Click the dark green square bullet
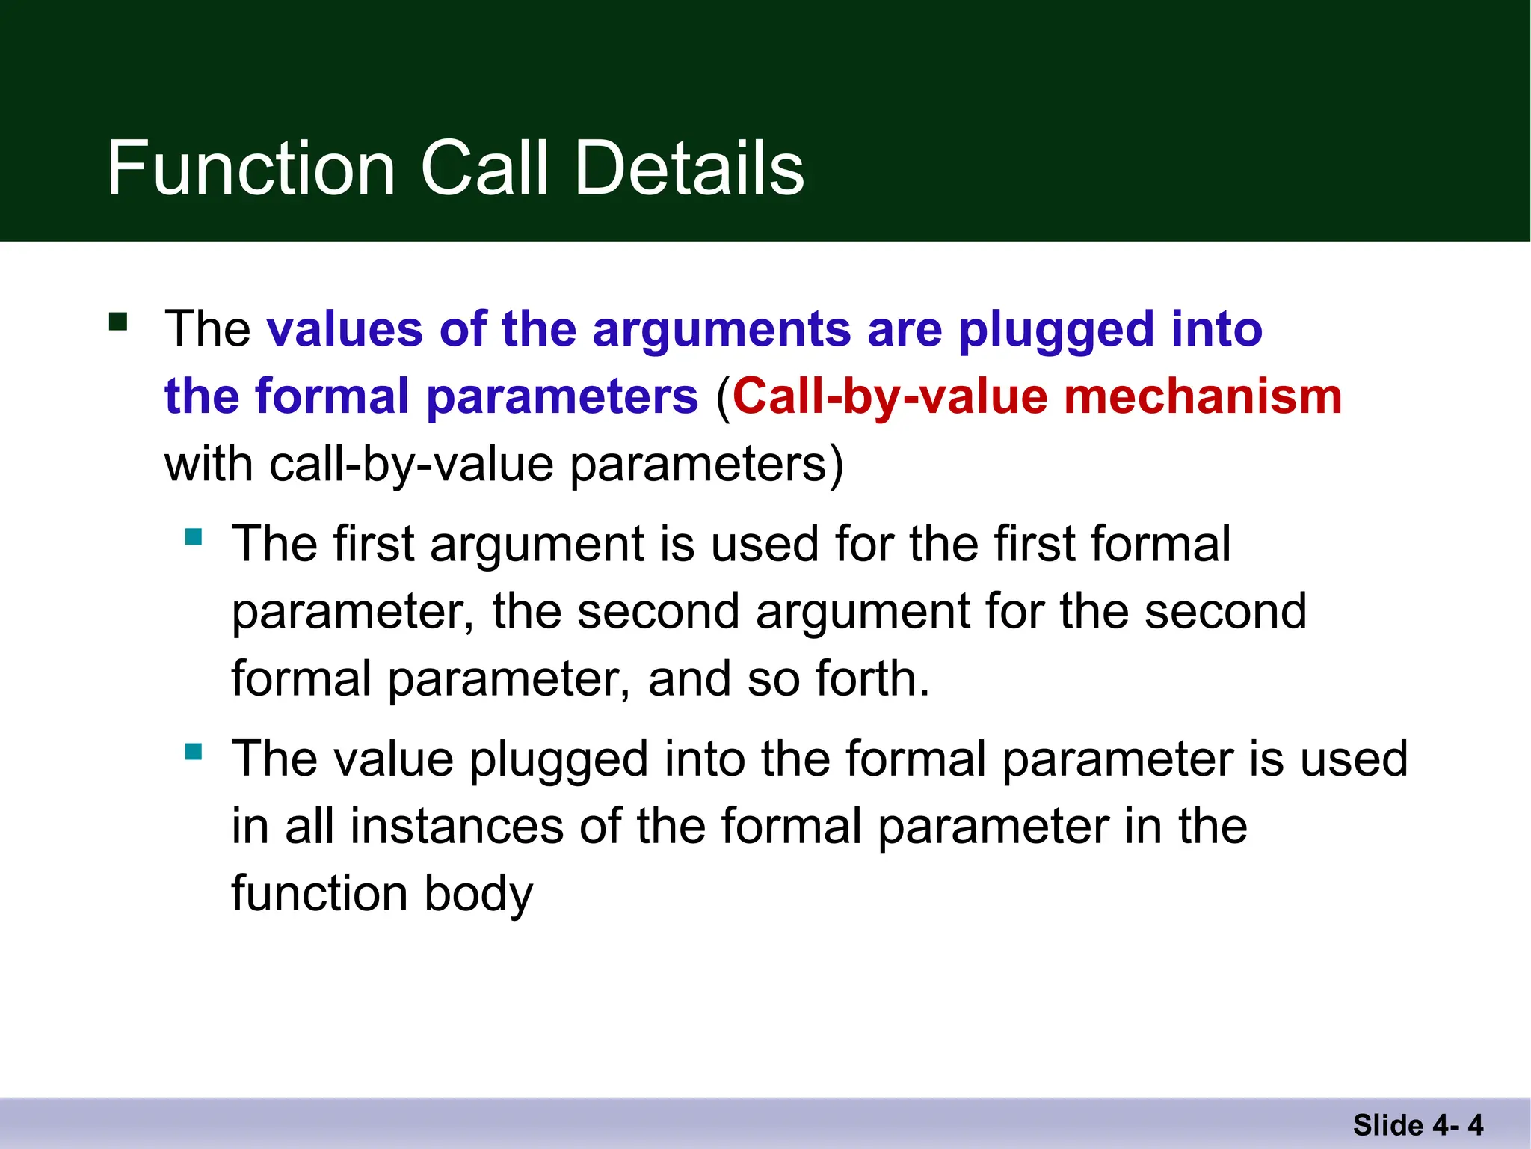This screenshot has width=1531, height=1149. [x=118, y=322]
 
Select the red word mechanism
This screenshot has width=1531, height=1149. [x=1203, y=396]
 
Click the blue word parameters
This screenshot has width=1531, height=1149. [x=561, y=397]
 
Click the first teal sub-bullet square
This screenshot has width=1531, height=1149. [x=194, y=536]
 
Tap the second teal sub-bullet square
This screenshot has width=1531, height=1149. [x=194, y=751]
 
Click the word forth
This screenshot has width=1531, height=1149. [x=872, y=678]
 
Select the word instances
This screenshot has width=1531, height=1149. [x=457, y=826]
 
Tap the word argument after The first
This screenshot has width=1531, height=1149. [x=535, y=544]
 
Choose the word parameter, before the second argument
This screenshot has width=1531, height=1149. [x=352, y=612]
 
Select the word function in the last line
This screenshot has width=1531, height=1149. [x=319, y=893]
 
